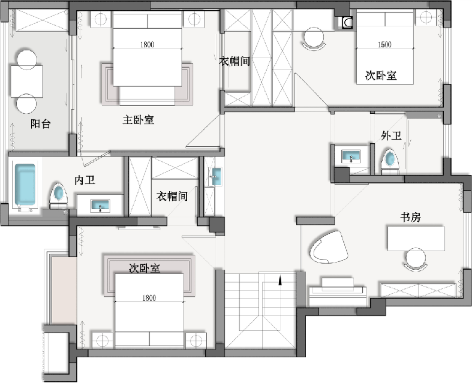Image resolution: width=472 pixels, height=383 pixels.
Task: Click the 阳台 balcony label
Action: point(40,123)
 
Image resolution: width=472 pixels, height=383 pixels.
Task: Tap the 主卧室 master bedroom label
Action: point(138,120)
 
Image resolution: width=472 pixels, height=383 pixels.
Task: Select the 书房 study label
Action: point(410,217)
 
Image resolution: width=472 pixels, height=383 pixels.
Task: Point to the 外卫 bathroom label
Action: point(391,135)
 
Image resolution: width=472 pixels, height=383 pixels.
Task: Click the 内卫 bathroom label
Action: point(85,180)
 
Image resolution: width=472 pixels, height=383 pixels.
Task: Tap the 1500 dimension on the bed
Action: point(384,44)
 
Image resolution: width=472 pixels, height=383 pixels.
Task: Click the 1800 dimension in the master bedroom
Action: point(147,44)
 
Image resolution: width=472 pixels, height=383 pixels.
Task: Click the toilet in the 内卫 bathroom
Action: point(58,196)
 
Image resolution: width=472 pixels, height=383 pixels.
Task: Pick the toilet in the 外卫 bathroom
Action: point(390,162)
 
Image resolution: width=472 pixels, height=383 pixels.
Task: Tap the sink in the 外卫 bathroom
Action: point(351,156)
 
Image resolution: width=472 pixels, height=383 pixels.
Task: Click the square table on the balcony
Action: point(27,81)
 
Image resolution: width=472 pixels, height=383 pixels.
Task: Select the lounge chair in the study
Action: point(328,248)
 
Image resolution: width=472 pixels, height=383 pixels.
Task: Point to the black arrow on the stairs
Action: point(280,281)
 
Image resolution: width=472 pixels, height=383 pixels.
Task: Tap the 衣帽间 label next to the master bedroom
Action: point(235,61)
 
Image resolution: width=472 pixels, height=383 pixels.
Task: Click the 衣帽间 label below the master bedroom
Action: point(172,196)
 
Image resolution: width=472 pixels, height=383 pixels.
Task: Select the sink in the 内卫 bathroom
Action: point(100,206)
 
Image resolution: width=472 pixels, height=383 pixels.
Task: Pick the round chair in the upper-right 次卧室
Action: point(314,38)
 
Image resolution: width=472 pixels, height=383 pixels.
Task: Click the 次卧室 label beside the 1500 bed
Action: point(381,75)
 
